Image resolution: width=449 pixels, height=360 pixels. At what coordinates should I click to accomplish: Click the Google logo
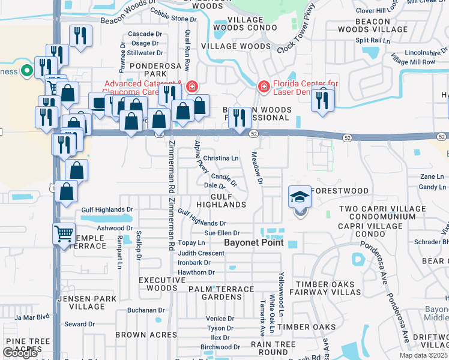click(x=20, y=353)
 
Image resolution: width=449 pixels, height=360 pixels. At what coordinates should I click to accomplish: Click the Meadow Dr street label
click(x=258, y=168)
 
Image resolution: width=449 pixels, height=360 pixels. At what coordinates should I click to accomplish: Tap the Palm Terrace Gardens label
click(x=214, y=293)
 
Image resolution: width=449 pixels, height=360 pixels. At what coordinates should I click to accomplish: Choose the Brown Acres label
click(x=140, y=335)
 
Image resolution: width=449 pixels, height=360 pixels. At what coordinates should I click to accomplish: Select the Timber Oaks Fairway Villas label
click(x=332, y=288)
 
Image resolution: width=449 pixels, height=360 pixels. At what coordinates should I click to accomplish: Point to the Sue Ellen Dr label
click(x=222, y=233)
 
